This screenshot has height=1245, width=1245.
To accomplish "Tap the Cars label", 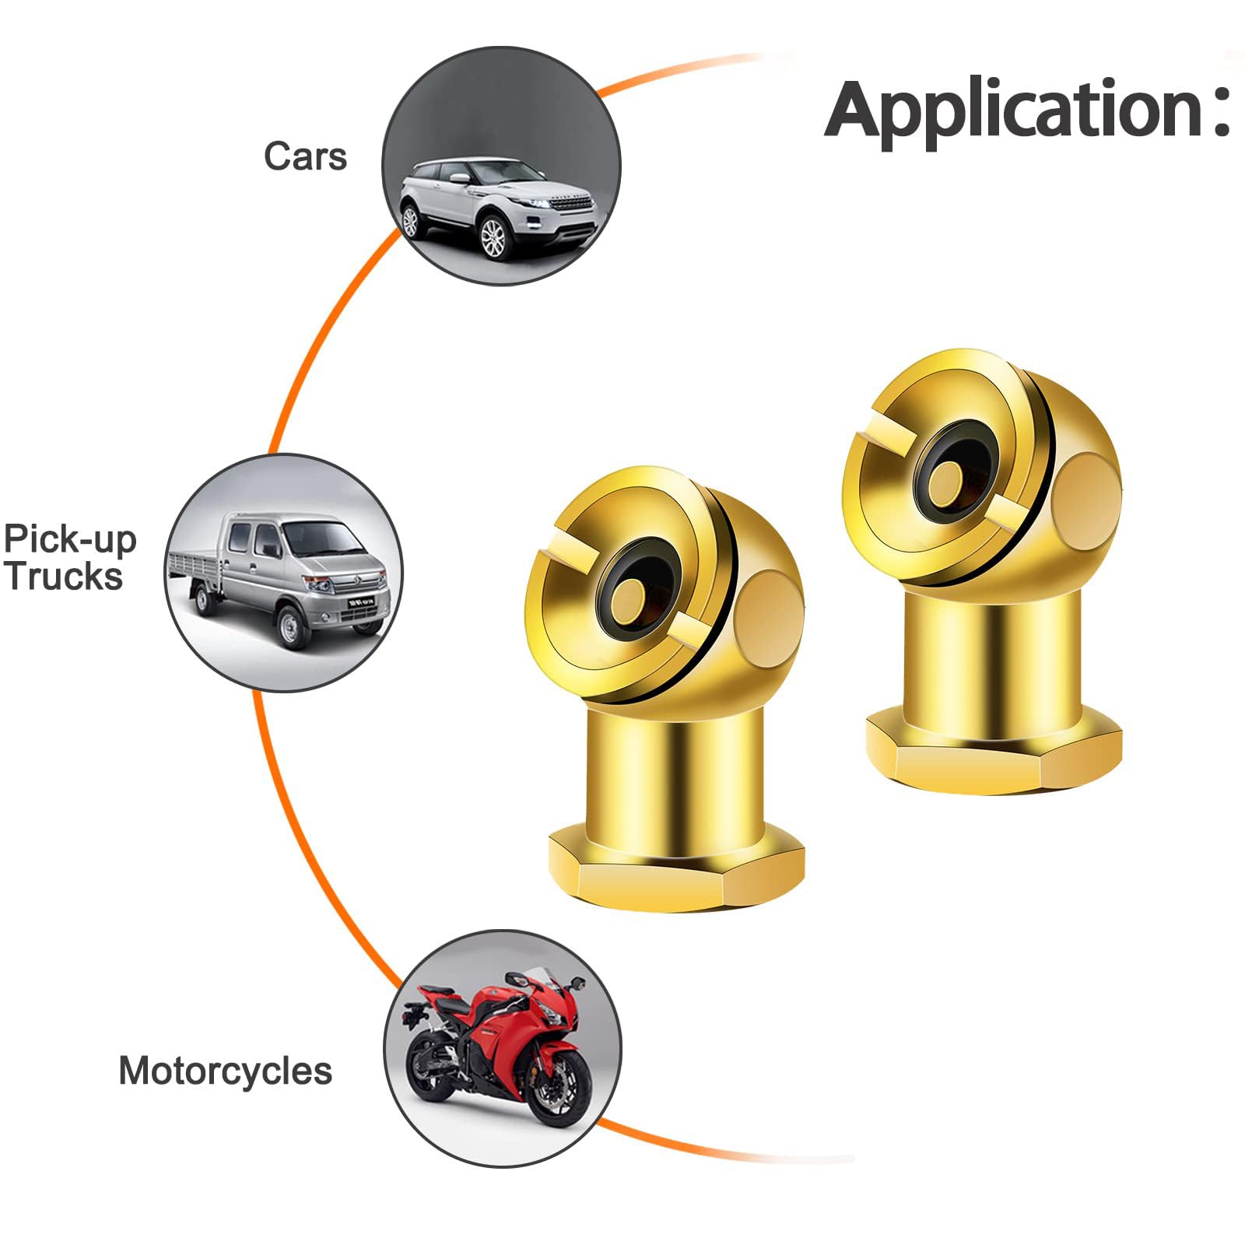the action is click(x=305, y=156).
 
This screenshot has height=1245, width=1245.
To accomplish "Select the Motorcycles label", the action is click(x=226, y=1071).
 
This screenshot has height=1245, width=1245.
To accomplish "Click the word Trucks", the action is click(x=65, y=577).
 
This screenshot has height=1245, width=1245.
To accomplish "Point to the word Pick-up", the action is click(x=70, y=540).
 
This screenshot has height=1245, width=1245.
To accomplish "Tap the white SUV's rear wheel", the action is click(x=411, y=221).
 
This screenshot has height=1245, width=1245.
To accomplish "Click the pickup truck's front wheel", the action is click(x=290, y=627).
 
